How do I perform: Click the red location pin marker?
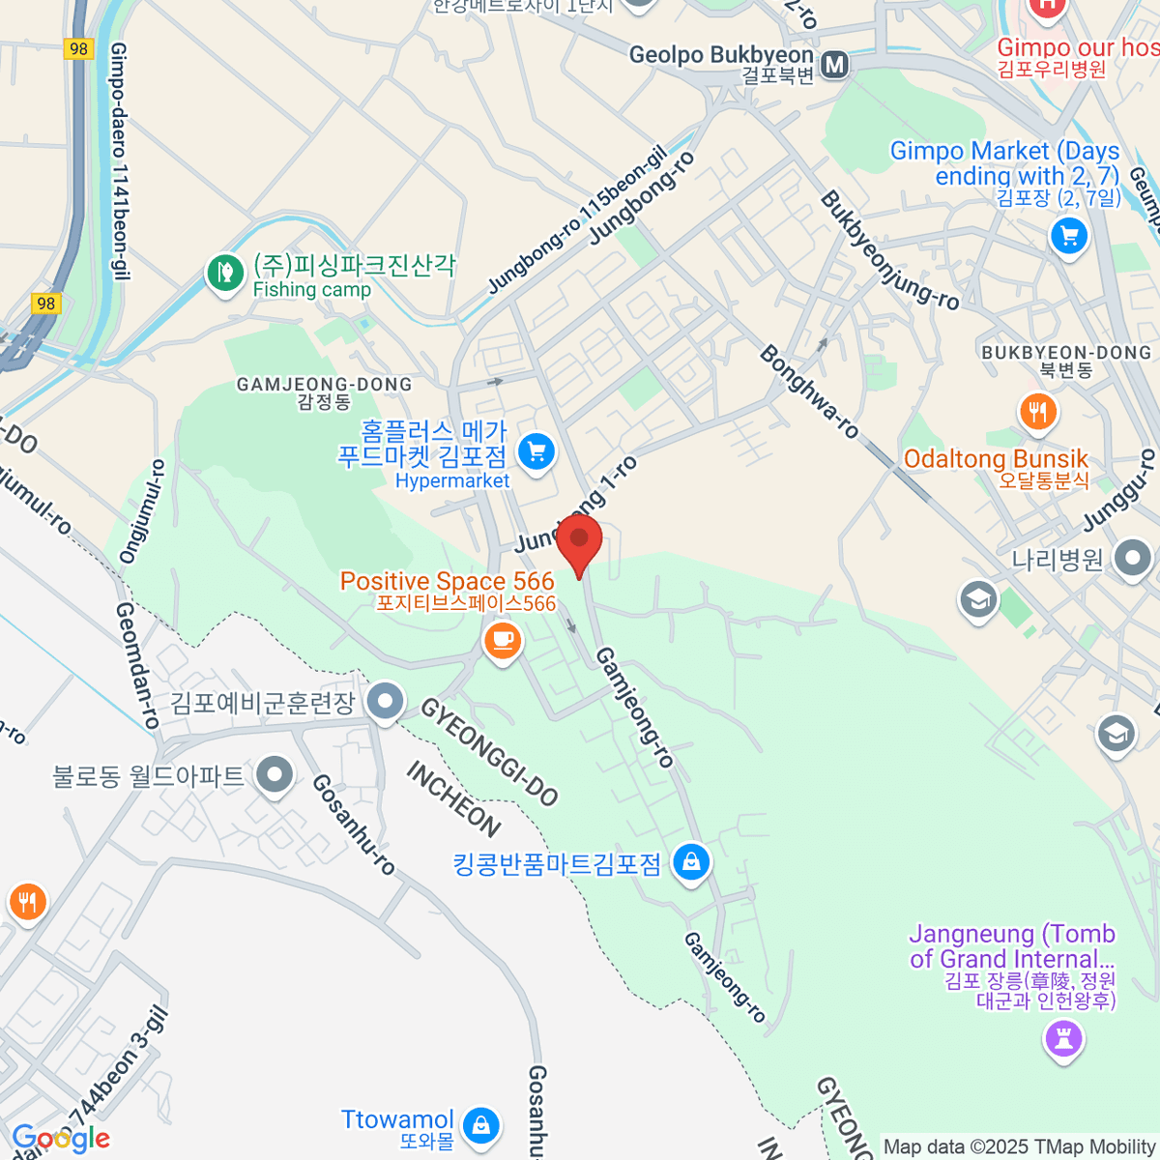point(579,541)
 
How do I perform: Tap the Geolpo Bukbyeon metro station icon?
point(834,65)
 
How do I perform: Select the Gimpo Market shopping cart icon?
point(1068,235)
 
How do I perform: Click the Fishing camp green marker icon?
point(225,273)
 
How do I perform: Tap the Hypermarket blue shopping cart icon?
point(536,451)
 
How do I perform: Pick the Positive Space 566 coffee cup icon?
point(502,640)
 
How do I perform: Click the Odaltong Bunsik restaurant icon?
point(1038,412)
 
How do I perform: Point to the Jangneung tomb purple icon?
point(1063,1040)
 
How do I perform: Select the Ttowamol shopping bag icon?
point(480,1124)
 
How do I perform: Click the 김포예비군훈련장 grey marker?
point(386,702)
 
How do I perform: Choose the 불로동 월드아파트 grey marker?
point(275,775)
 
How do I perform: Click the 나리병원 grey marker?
point(1132,558)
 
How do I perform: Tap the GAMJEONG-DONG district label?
point(324,385)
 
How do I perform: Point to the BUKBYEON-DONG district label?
point(1066,353)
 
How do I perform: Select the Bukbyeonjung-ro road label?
point(889,250)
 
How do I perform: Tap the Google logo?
point(61,1139)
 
